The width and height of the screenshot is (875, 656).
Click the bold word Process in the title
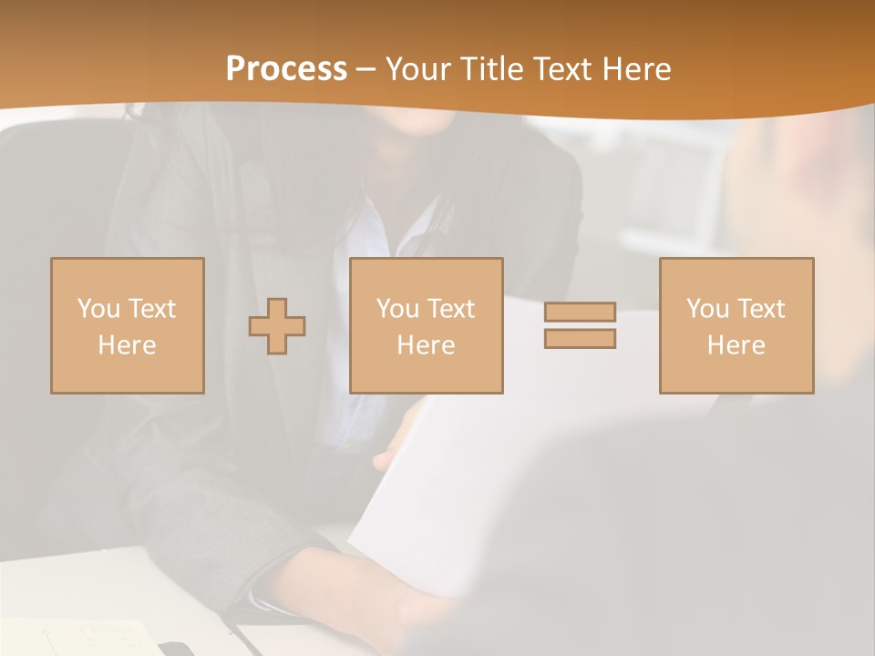[x=286, y=69]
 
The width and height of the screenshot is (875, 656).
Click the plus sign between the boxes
[x=277, y=326]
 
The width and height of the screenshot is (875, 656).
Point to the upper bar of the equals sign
[x=580, y=312]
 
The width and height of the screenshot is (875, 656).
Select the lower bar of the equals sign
[x=580, y=338]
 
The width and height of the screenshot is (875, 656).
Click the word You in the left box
[x=99, y=309]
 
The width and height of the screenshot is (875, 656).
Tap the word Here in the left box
[x=127, y=345]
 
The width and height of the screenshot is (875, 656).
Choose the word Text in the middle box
[x=450, y=309]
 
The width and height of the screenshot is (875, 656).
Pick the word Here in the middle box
[x=426, y=345]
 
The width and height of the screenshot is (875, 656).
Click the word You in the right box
[x=708, y=309]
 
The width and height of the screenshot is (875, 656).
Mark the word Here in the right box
[x=736, y=345]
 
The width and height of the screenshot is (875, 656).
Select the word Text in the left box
[x=151, y=309]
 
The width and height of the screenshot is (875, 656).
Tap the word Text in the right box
[x=760, y=309]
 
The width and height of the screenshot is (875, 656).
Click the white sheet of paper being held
[x=510, y=474]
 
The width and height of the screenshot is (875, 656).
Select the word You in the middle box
[x=398, y=309]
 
